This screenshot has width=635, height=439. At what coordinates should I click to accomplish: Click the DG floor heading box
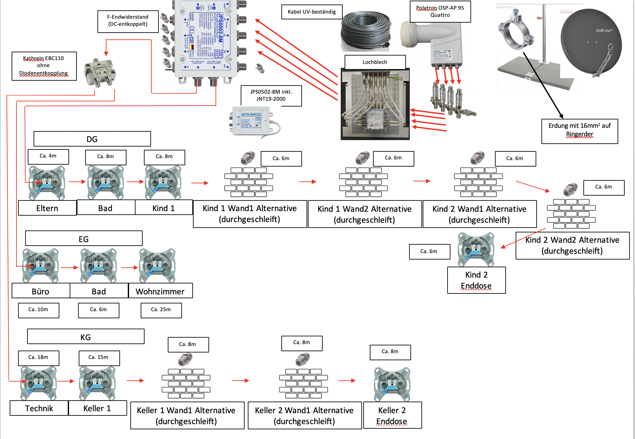(92, 139)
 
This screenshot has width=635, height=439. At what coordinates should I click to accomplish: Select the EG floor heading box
(84, 239)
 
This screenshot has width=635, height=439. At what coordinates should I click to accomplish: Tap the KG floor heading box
(86, 337)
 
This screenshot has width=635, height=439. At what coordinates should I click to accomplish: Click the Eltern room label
(47, 208)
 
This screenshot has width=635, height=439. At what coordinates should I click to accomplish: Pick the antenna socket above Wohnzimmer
(157, 266)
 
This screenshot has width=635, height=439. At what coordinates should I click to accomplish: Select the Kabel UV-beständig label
(312, 12)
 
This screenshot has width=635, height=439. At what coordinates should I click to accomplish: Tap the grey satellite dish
(590, 42)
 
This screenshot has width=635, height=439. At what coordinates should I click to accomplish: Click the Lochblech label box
(375, 62)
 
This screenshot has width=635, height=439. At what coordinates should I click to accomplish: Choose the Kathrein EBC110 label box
(44, 66)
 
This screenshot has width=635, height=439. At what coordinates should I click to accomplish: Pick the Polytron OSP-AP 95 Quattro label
(440, 12)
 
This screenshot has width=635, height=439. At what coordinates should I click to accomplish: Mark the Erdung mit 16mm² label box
(580, 131)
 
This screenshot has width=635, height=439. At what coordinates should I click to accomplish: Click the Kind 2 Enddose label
(476, 280)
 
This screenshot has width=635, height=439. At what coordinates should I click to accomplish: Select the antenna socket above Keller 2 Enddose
(392, 384)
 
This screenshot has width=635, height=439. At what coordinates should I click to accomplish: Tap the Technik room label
(39, 408)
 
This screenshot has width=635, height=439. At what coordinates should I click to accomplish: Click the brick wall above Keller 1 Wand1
(186, 383)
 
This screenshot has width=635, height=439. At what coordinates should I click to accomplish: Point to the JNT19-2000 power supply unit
(252, 121)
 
